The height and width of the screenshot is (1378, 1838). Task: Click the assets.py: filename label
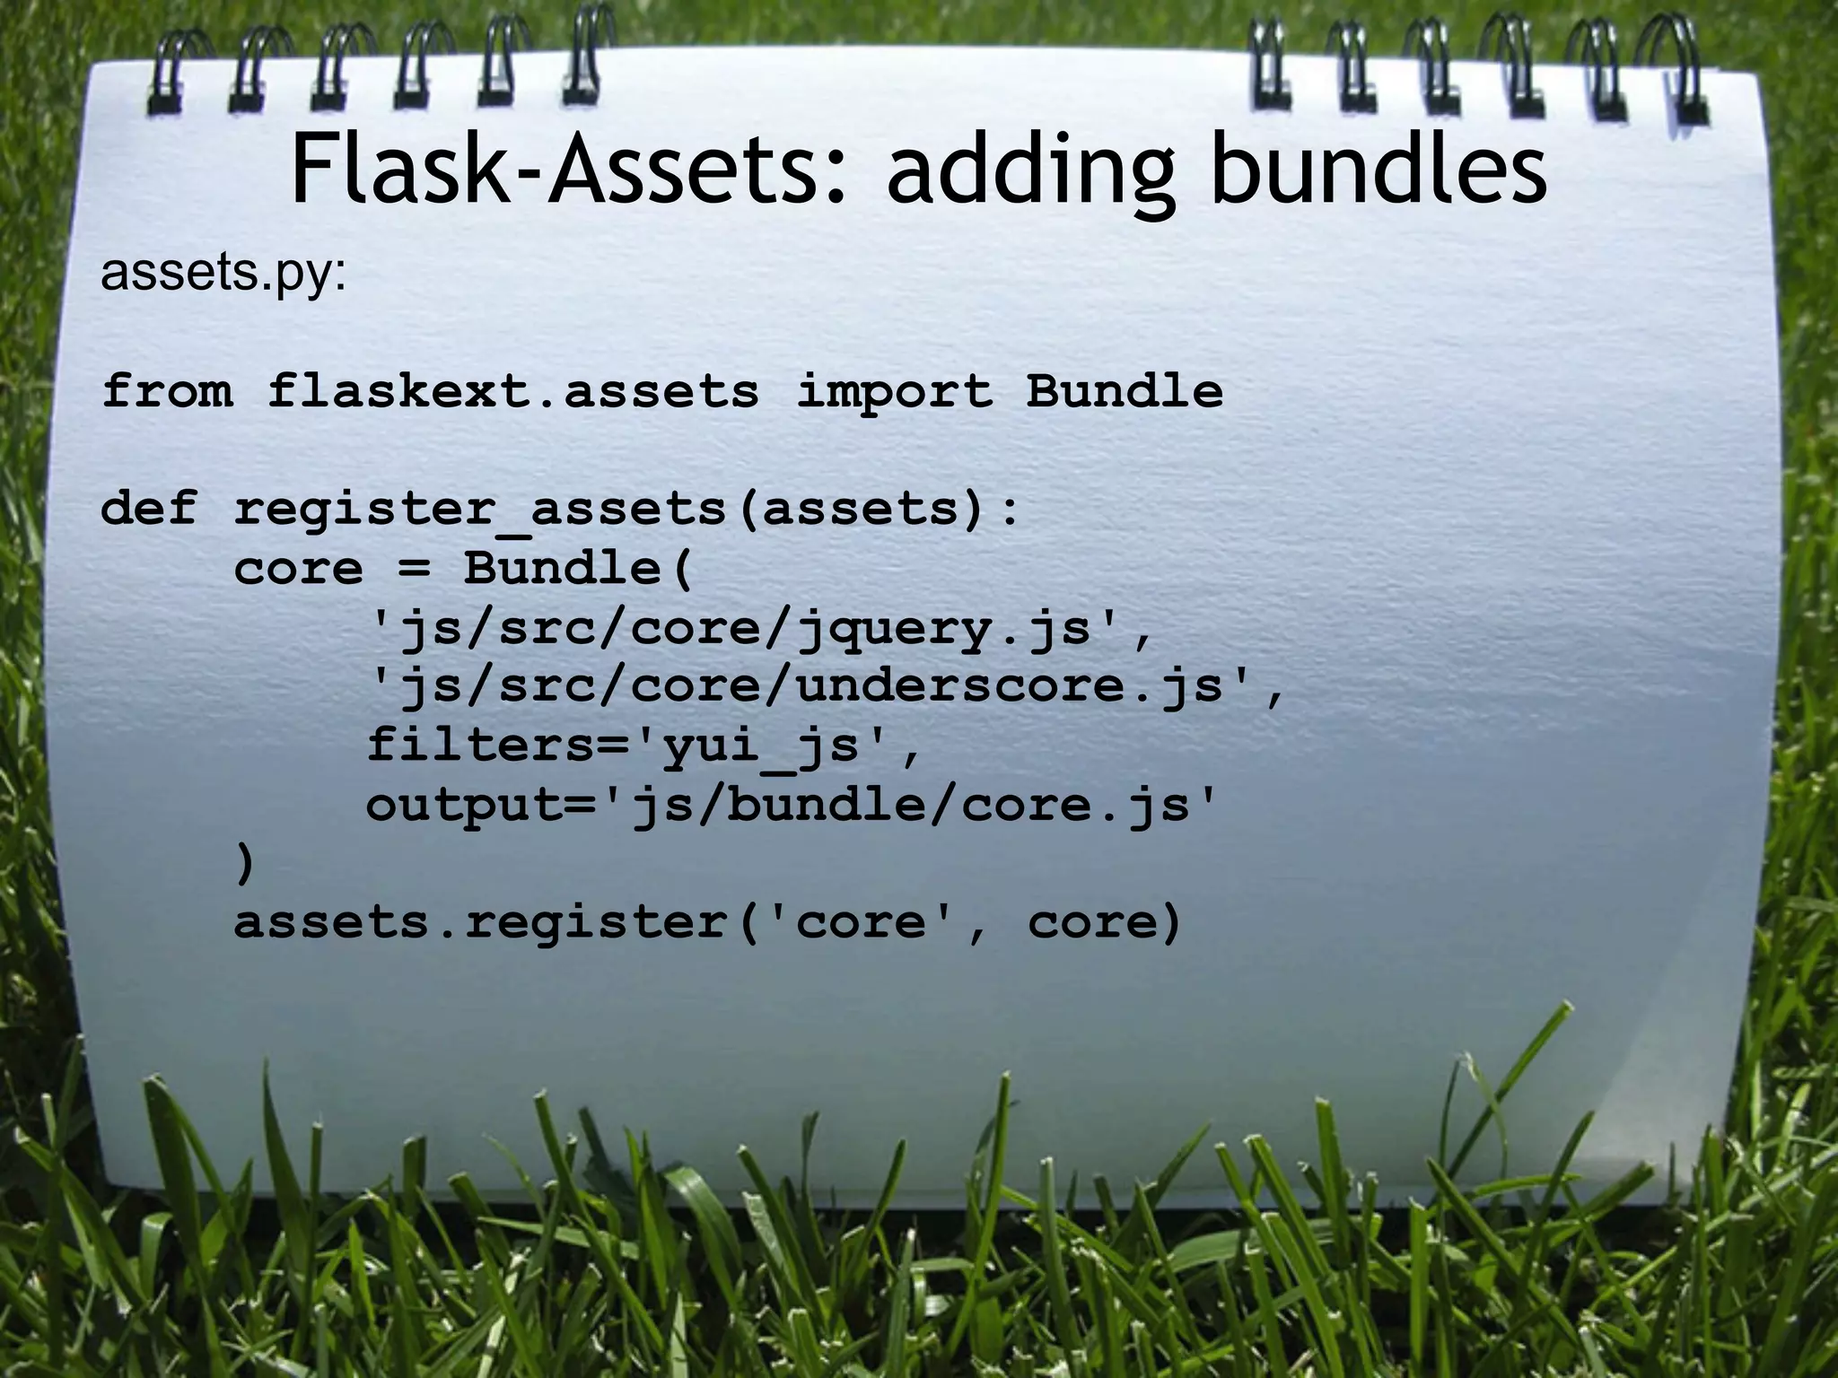(223, 273)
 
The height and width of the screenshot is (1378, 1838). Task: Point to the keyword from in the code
(167, 391)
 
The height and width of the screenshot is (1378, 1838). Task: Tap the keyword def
(148, 509)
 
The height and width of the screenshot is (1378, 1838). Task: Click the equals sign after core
(414, 570)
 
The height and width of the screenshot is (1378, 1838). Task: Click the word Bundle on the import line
(1124, 391)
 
